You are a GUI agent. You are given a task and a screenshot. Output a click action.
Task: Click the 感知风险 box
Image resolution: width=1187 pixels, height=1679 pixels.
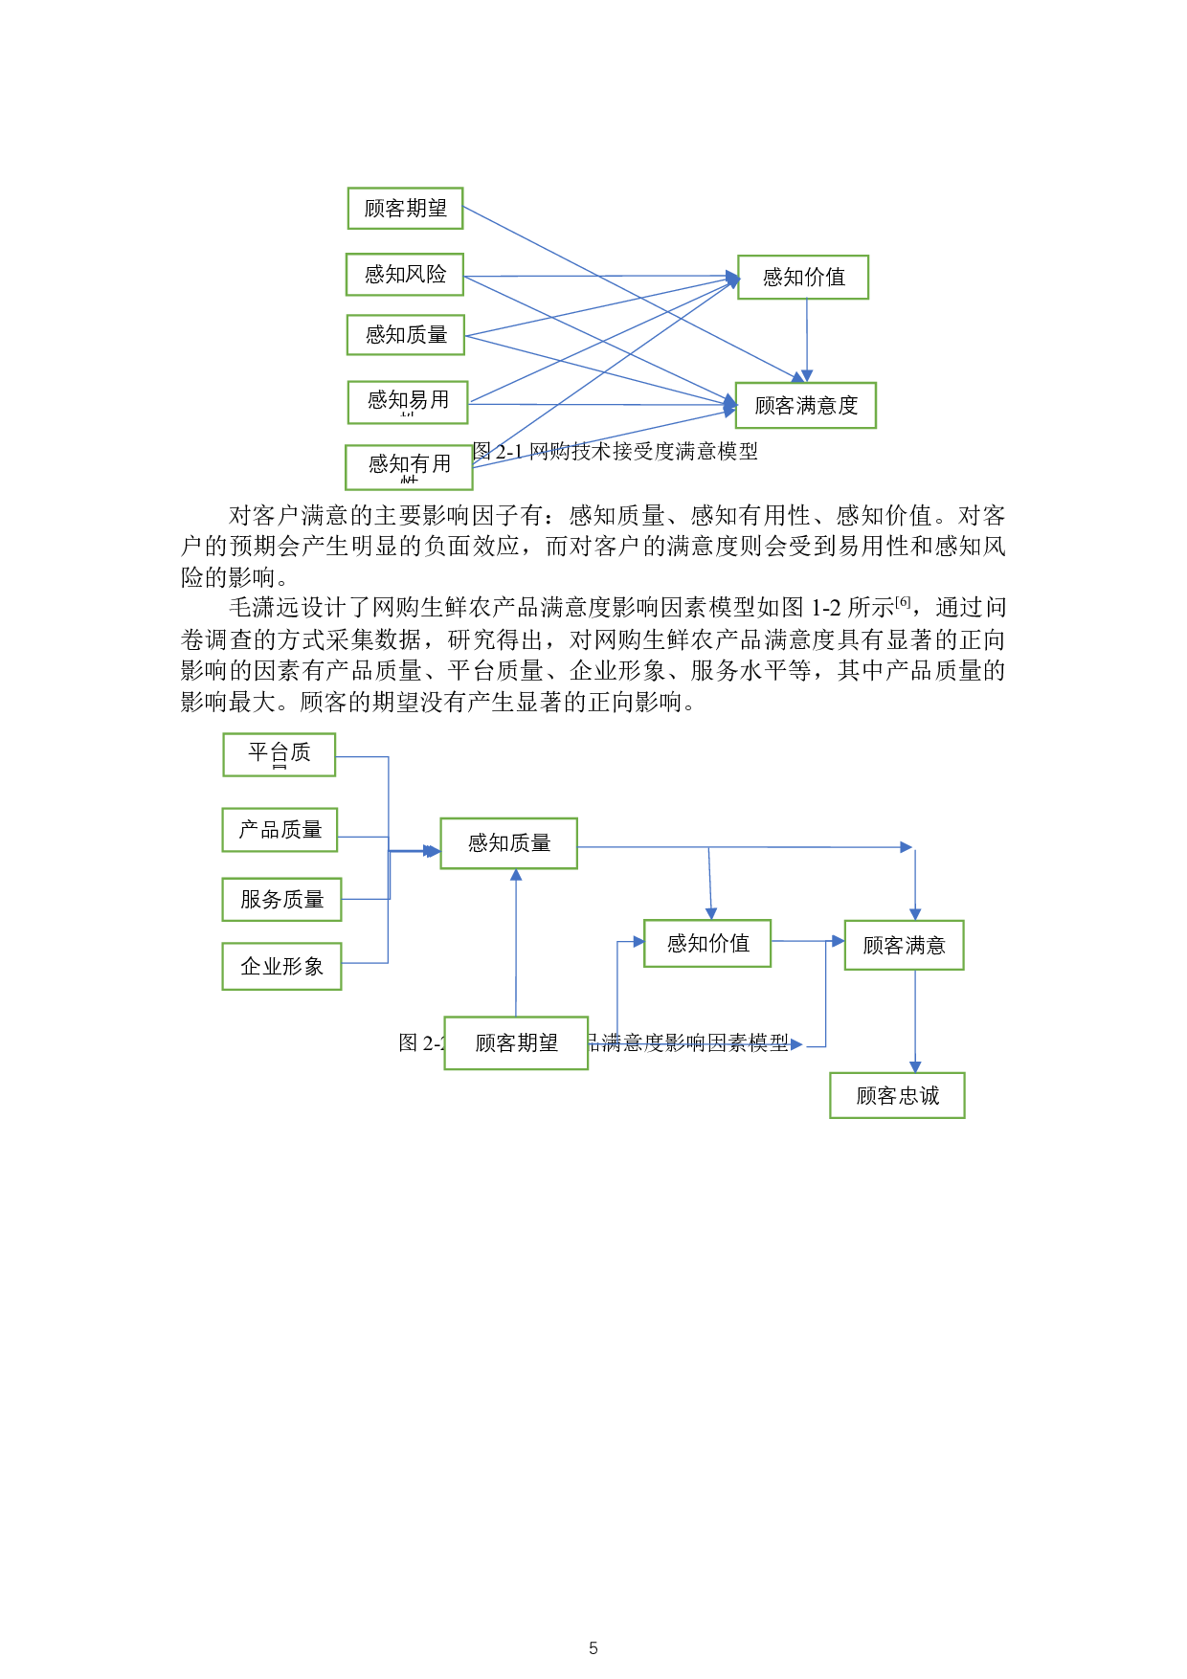tap(404, 275)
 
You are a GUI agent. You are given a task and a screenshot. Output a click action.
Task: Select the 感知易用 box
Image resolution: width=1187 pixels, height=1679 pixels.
tap(408, 402)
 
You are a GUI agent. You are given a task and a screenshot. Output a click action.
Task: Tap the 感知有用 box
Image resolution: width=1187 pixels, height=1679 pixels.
tap(409, 467)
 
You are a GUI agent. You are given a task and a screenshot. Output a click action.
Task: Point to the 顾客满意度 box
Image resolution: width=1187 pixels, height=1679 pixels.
tap(805, 406)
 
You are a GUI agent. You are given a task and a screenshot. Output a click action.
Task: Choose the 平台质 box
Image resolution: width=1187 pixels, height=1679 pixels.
tap(280, 754)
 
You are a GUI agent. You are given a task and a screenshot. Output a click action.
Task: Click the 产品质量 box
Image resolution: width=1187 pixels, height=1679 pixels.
tap(280, 830)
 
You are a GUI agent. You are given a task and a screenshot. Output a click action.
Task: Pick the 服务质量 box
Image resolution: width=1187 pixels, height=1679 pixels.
tap(281, 900)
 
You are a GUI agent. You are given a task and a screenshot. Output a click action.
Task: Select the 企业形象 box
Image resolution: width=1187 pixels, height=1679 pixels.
tap(281, 967)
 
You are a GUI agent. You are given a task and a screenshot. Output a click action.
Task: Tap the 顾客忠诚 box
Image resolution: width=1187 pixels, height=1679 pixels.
tap(897, 1095)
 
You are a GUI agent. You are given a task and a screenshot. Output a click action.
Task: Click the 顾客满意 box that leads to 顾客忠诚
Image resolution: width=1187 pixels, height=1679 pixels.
tap(904, 946)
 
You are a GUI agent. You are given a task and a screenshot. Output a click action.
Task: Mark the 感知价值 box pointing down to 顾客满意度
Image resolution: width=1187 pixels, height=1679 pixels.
tap(803, 278)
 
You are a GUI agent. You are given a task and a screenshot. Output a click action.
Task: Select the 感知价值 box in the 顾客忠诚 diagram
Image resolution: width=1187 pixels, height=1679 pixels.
tap(707, 944)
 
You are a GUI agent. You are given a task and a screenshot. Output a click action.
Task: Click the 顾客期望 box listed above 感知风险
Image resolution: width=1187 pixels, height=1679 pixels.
tap(405, 209)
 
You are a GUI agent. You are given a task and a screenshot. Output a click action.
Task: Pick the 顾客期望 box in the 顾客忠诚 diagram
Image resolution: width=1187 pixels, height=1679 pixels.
tap(516, 1043)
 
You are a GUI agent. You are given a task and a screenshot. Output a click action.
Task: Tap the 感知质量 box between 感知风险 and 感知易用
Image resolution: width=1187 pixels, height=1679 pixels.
tap(406, 335)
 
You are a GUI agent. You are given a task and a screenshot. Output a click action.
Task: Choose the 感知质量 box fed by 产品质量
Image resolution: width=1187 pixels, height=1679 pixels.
tap(508, 843)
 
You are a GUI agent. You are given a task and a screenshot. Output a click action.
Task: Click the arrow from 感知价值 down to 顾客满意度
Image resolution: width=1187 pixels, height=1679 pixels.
tap(807, 341)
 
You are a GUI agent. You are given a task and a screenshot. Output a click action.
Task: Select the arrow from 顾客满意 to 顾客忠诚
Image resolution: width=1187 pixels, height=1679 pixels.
tap(915, 1021)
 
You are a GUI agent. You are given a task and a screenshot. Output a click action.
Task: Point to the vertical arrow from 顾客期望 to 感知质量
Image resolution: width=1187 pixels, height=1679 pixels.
tap(516, 943)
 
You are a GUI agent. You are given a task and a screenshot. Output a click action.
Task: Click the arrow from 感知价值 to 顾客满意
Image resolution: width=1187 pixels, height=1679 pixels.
tap(807, 941)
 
